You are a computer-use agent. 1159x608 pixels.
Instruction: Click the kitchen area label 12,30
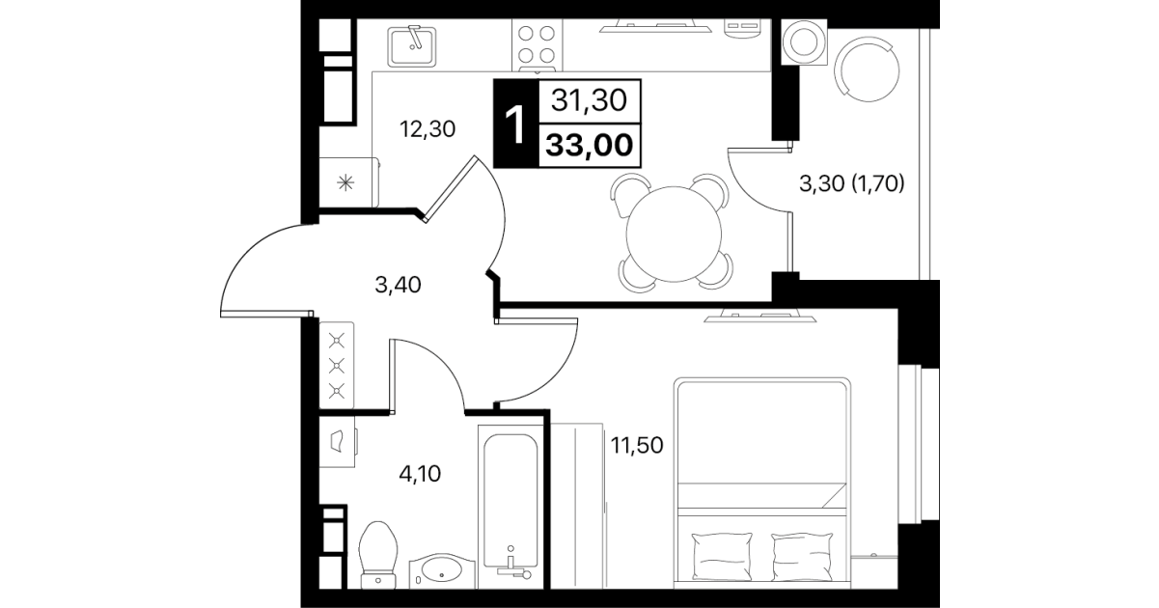[x=428, y=129]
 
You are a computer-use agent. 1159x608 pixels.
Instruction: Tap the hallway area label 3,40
[x=398, y=285]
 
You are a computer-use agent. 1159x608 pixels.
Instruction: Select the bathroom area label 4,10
[x=420, y=473]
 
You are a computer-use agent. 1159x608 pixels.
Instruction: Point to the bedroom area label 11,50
[x=637, y=445]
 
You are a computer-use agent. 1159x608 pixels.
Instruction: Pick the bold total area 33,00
[x=590, y=145]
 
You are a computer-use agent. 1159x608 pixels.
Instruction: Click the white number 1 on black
[x=515, y=124]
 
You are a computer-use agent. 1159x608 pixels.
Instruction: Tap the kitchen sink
[x=412, y=46]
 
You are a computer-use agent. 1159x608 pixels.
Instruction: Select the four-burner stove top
[x=537, y=44]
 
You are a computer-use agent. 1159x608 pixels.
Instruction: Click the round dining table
[x=674, y=234]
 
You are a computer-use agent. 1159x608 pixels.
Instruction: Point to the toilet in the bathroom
[x=378, y=555]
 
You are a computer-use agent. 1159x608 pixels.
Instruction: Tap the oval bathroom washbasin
[x=442, y=570]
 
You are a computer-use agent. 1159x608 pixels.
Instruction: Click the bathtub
[x=511, y=507]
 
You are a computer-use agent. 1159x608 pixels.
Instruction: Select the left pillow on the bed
[x=722, y=557]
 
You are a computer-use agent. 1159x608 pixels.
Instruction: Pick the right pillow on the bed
[x=802, y=557]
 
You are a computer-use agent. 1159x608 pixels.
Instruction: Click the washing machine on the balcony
[x=804, y=41]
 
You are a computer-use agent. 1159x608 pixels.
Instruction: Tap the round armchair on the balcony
[x=868, y=69]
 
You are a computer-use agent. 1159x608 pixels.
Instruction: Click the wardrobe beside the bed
[x=577, y=506]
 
